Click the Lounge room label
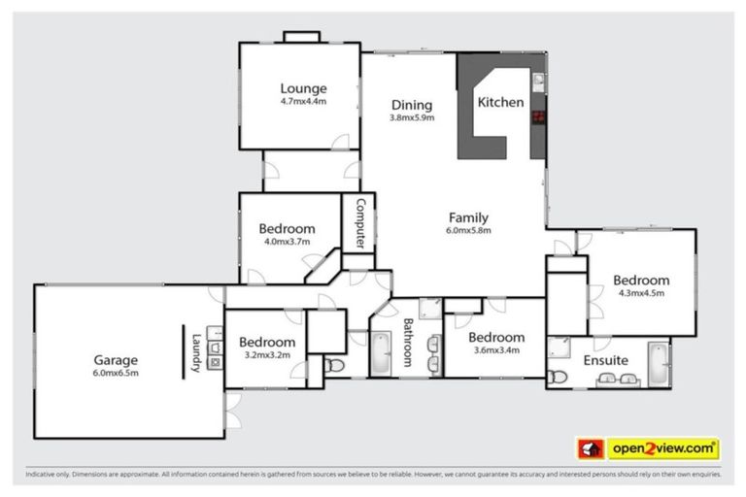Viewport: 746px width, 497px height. [x=303, y=86]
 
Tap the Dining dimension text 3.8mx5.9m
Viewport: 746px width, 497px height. [x=412, y=118]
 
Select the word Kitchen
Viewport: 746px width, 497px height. [x=501, y=102]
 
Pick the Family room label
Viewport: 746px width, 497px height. [x=468, y=217]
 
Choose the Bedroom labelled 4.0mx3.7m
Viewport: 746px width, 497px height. [x=287, y=229]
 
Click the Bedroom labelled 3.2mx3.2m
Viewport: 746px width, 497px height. [x=267, y=342]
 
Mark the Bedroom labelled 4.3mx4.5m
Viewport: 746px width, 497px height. [x=641, y=281]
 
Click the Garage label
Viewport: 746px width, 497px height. [x=116, y=358]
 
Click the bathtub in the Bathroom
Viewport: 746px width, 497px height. [x=380, y=353]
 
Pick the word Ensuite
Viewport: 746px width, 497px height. [x=605, y=360]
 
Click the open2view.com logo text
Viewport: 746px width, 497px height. [x=663, y=448]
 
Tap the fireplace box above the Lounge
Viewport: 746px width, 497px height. [x=301, y=37]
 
